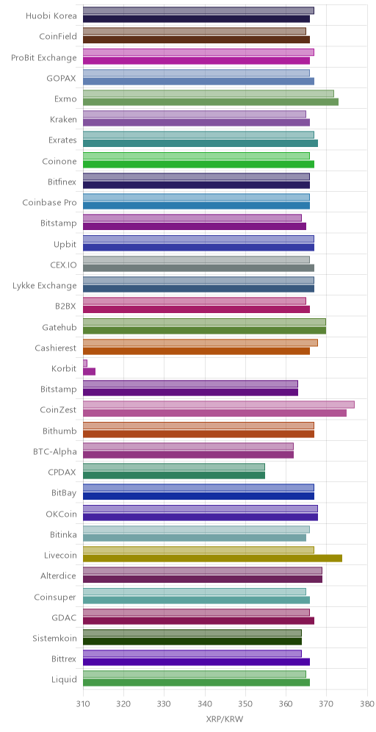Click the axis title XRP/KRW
pyautogui.click(x=225, y=719)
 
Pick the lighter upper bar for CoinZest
pyautogui.click(x=219, y=405)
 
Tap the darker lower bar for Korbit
pyautogui.click(x=89, y=372)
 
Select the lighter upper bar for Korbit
pyautogui.click(x=85, y=363)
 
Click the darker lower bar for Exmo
pyautogui.click(x=211, y=101)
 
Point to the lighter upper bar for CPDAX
pyautogui.click(x=174, y=467)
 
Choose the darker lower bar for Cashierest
pyautogui.click(x=196, y=351)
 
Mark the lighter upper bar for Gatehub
pyautogui.click(x=204, y=322)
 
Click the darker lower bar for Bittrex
pyautogui.click(x=196, y=662)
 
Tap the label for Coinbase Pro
pyautogui.click(x=49, y=203)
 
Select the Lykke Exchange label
pyautogui.click(x=45, y=285)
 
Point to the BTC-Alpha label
pyautogui.click(x=55, y=451)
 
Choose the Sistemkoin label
pyautogui.click(x=54, y=638)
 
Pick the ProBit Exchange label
pyautogui.click(x=44, y=58)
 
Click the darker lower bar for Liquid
pyautogui.click(x=196, y=683)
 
